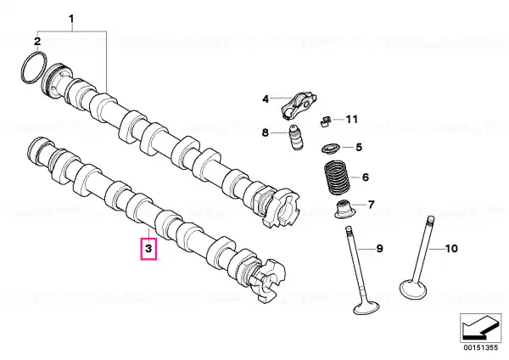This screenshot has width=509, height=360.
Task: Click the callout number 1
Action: (72, 19)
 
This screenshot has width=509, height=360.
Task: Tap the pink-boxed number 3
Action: (148, 249)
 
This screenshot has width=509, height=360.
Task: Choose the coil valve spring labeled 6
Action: (338, 177)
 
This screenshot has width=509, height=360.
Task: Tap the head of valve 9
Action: (366, 307)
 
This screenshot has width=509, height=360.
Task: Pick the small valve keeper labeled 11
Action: (325, 121)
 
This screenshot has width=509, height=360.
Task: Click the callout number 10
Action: (450, 249)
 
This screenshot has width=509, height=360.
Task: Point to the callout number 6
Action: (366, 177)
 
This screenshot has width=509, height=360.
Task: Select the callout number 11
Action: (351, 120)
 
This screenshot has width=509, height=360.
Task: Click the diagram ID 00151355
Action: (480, 347)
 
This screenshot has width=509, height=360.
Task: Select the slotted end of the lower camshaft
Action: (267, 280)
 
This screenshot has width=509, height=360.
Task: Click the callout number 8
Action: (266, 132)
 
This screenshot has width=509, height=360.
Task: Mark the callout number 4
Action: (266, 98)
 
